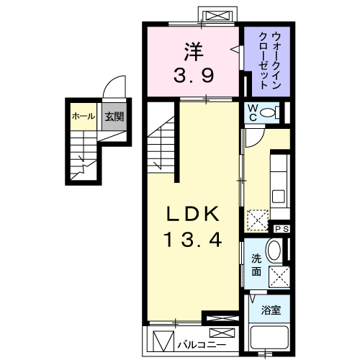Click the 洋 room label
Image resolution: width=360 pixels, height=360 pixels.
tap(193, 53)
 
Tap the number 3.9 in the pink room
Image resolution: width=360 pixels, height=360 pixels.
tap(193, 74)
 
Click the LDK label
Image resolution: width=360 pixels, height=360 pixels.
tap(193, 215)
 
